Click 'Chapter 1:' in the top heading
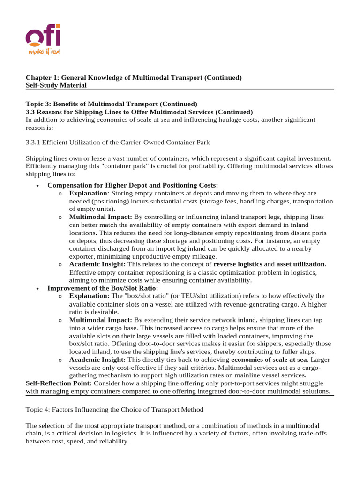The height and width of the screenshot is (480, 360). click(x=40, y=78)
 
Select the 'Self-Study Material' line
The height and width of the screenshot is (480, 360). click(x=56, y=85)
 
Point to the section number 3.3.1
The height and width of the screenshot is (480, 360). click(x=35, y=142)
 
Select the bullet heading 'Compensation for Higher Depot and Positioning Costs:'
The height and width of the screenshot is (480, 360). click(x=133, y=186)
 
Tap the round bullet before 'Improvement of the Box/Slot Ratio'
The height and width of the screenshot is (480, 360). click(x=37, y=288)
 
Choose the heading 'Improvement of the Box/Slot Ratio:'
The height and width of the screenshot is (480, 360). click(x=103, y=288)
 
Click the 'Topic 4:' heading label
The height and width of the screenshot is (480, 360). click(x=38, y=410)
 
